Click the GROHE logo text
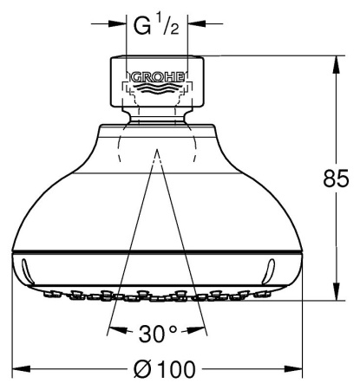click(x=158, y=77)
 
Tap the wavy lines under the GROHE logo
click(x=157, y=88)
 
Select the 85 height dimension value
click(x=336, y=179)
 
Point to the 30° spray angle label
click(x=157, y=333)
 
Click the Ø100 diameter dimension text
click(x=165, y=368)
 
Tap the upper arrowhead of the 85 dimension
click(x=336, y=65)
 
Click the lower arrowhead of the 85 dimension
click(x=336, y=291)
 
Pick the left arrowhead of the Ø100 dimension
click(x=22, y=368)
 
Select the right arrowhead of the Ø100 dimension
click(x=293, y=368)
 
